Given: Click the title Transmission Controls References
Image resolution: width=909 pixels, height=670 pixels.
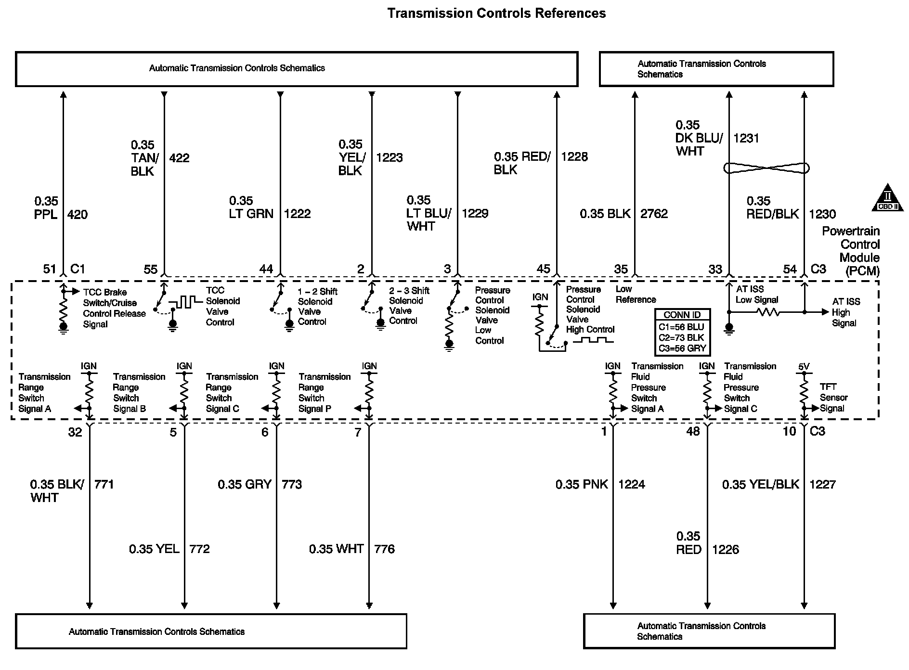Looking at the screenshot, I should (496, 13).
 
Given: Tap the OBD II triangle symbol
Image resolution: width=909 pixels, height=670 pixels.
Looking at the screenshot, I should (888, 198).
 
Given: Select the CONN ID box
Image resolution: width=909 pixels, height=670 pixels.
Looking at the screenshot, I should (682, 332).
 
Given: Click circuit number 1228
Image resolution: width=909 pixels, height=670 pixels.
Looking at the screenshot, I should (574, 156).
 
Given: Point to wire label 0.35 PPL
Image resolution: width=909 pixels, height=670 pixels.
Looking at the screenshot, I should (46, 207).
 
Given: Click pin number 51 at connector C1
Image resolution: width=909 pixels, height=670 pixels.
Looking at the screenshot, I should (50, 269).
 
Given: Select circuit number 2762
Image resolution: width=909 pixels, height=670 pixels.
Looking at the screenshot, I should (654, 214).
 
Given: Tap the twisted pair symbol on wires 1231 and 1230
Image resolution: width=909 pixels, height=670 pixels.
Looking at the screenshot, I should (766, 168).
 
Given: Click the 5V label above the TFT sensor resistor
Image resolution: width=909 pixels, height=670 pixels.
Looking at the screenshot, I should (804, 366).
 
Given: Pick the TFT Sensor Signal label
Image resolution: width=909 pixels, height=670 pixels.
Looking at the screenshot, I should (833, 398).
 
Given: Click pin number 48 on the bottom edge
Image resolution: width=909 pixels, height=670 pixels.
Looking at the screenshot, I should (693, 431).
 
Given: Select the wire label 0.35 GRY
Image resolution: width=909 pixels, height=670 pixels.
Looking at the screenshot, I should (245, 484).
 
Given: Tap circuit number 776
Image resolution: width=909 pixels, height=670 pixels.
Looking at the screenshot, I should (384, 549).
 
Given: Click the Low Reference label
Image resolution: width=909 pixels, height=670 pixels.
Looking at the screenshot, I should (636, 294).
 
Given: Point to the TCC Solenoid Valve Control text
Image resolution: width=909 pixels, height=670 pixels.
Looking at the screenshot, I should (222, 306).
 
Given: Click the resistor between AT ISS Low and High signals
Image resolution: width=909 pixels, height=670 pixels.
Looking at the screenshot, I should (767, 312).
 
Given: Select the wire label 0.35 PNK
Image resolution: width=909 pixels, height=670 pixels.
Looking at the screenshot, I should (582, 484).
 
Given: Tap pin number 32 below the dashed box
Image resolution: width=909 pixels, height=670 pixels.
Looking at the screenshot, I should (75, 432).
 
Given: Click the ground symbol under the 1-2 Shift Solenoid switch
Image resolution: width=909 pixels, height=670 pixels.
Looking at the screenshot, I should (289, 325).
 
